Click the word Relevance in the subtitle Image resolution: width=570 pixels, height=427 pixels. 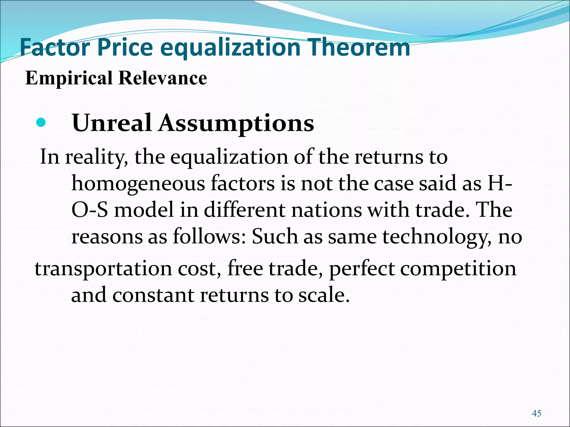pyautogui.click(x=163, y=78)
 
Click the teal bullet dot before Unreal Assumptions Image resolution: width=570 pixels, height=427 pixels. pyautogui.click(x=41, y=122)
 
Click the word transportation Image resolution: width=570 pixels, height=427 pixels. pyautogui.click(x=103, y=269)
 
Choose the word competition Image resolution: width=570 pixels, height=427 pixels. pyautogui.click(x=458, y=269)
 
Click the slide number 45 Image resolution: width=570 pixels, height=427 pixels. pyautogui.click(x=536, y=413)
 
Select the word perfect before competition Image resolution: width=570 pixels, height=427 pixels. pyautogui.click(x=362, y=269)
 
